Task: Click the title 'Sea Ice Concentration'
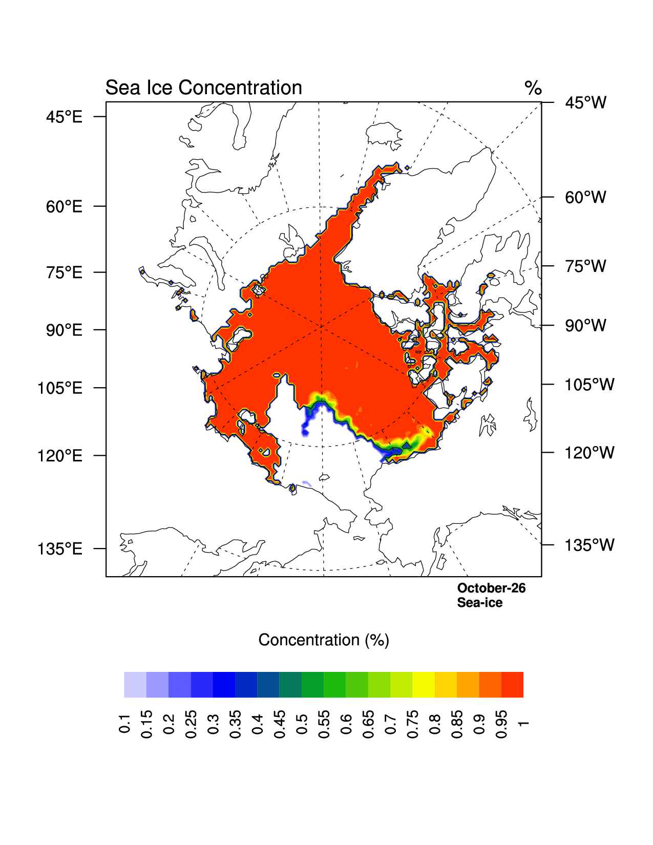[203, 88]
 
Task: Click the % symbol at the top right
[533, 88]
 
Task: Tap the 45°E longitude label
[64, 117]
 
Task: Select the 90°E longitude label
[64, 330]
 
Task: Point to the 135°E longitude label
[60, 549]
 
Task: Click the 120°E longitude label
[60, 455]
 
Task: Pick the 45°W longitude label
[585, 103]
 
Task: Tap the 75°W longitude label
[585, 266]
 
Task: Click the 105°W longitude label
[589, 385]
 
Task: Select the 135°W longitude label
[589, 545]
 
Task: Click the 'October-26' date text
[491, 588]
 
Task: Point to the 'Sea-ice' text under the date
[479, 603]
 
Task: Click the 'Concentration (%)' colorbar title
[324, 640]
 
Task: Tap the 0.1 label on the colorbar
[124, 723]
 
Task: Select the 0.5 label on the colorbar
[302, 723]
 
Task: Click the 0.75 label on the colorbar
[413, 724]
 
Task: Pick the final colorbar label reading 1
[523, 723]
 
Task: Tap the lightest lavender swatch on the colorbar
[135, 685]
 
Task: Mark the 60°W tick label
[585, 197]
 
